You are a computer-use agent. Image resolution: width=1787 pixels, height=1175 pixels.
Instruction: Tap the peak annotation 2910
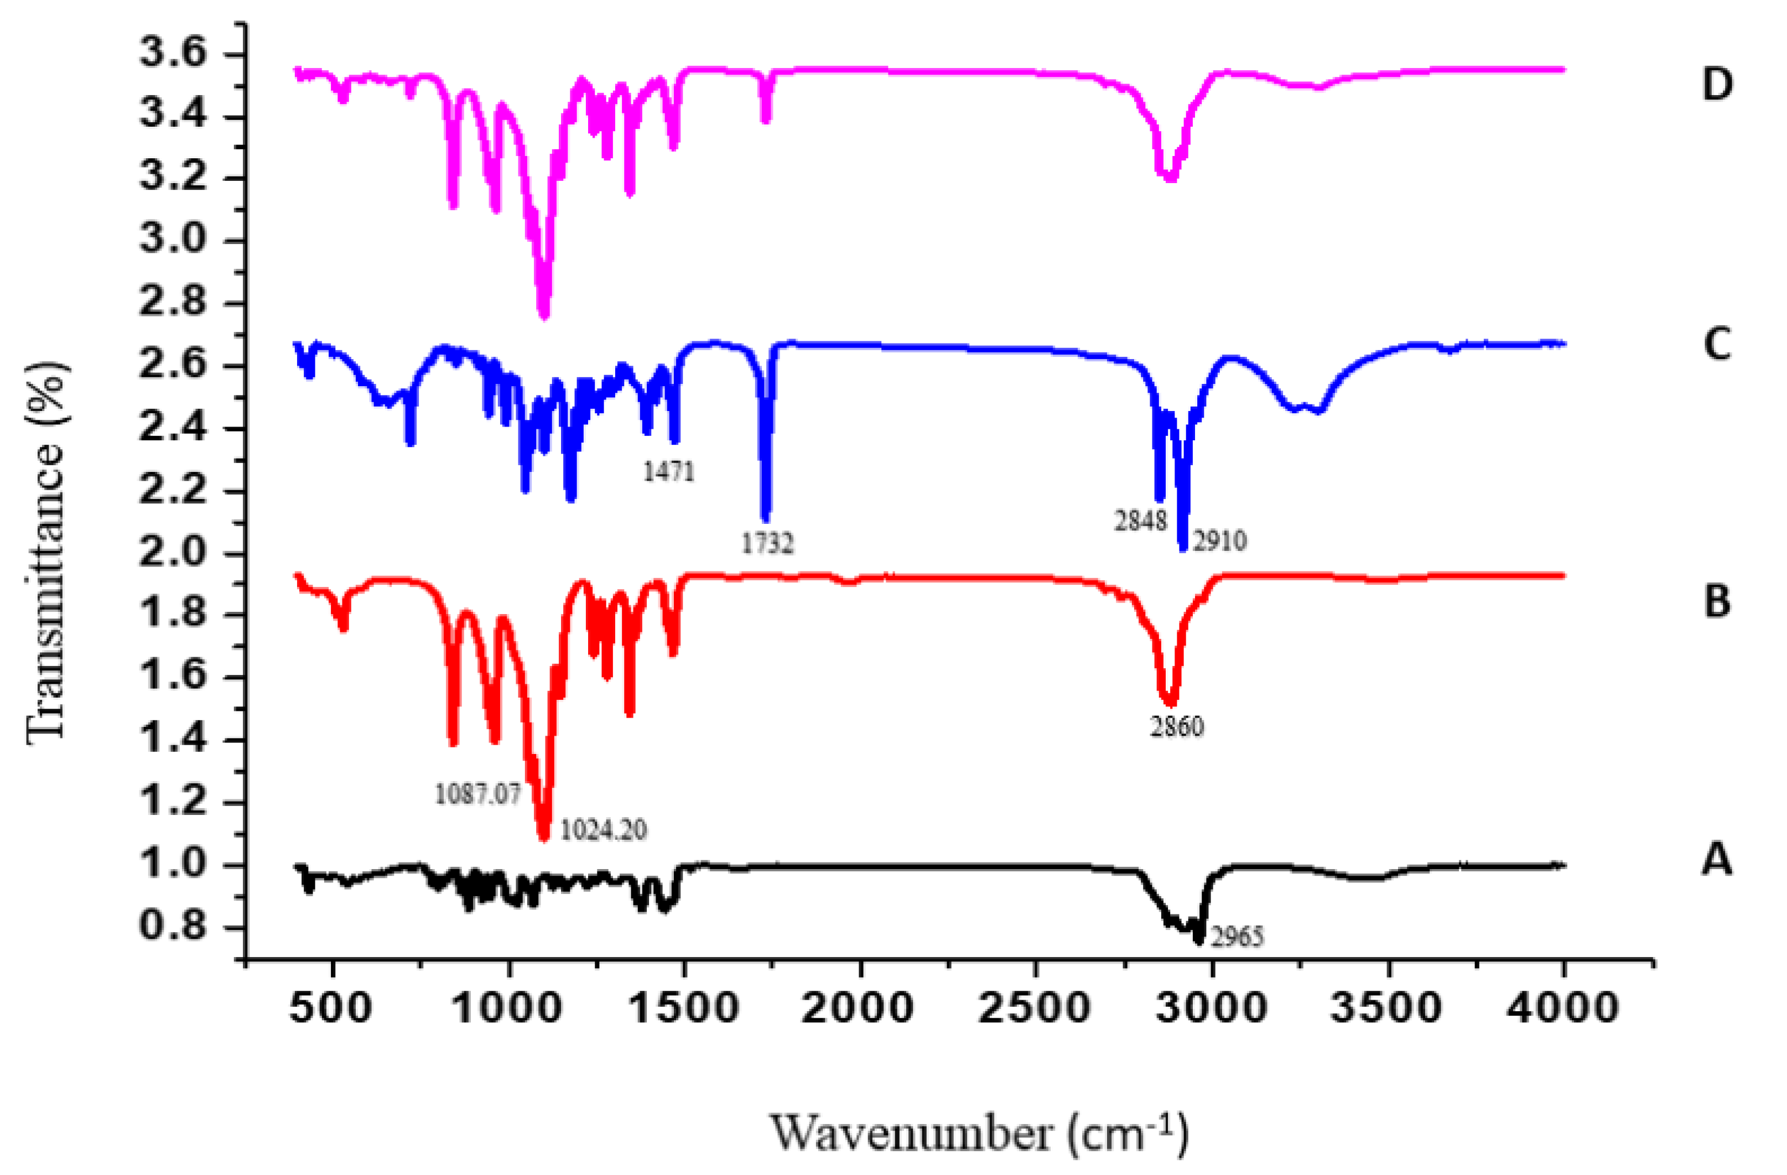pos(1219,540)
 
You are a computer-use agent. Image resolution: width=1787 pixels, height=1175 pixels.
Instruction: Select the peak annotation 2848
pos(1140,521)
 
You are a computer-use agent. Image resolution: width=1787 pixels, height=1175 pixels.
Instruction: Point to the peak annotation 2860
pos(1177,726)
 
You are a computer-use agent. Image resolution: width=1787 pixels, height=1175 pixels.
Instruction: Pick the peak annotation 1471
pos(668,471)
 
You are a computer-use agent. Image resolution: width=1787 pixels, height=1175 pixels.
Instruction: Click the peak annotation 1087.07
pos(477,794)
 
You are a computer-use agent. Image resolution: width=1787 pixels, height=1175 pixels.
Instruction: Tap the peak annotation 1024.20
pos(604,830)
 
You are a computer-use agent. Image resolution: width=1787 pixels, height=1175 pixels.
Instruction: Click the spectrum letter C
pos(1717,345)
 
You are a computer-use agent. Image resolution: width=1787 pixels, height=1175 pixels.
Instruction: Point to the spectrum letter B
pos(1717,601)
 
